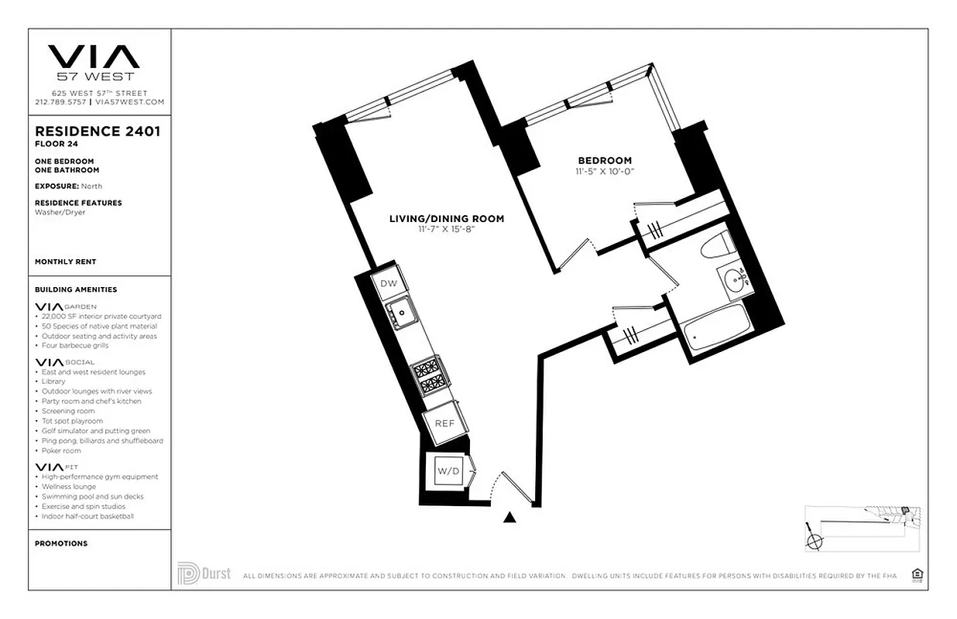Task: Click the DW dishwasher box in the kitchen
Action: (389, 284)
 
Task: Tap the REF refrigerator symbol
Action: (444, 423)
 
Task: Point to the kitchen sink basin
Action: (403, 315)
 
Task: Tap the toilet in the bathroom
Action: (715, 245)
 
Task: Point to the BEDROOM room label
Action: (605, 160)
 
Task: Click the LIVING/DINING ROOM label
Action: (446, 219)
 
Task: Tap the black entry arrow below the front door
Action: (509, 518)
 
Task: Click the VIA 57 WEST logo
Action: (94, 62)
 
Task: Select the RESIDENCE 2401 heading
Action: (98, 132)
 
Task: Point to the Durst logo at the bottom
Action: (204, 573)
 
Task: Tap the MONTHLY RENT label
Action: (66, 262)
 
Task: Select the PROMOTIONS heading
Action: (61, 543)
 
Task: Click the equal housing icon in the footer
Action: (917, 574)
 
